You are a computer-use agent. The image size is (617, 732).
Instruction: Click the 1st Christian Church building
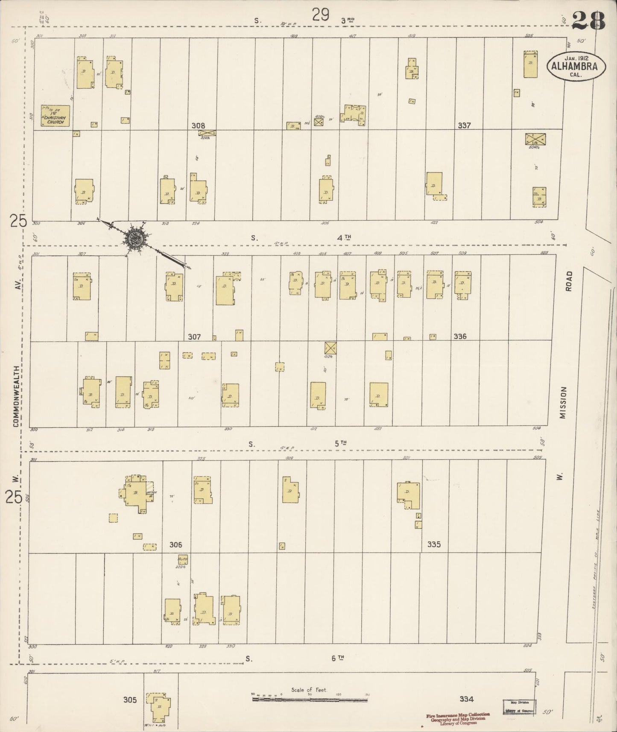click(x=55, y=115)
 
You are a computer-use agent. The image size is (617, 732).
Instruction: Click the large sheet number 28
click(x=589, y=20)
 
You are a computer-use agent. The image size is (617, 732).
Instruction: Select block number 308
click(x=198, y=126)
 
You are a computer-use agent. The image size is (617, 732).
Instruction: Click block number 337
click(x=464, y=126)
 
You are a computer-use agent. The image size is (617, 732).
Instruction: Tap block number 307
click(x=194, y=337)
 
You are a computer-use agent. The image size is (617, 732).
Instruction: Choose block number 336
click(x=460, y=337)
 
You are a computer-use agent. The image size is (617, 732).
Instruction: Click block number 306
click(x=175, y=545)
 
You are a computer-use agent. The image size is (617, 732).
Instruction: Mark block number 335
click(x=434, y=545)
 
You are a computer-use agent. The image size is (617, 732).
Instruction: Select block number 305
click(x=130, y=700)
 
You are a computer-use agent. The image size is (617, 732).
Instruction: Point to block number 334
click(x=467, y=699)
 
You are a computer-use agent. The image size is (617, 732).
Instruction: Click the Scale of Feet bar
click(x=310, y=700)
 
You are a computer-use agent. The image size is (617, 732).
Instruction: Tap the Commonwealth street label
click(x=16, y=396)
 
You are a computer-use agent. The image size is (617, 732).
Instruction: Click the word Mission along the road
click(x=563, y=403)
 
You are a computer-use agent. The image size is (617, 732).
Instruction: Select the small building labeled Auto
click(x=182, y=559)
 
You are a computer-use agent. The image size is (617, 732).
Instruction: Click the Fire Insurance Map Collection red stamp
click(x=458, y=717)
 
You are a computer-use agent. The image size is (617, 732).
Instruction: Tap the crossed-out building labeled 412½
click(x=330, y=348)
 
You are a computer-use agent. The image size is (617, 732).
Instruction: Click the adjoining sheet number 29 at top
click(x=320, y=15)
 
